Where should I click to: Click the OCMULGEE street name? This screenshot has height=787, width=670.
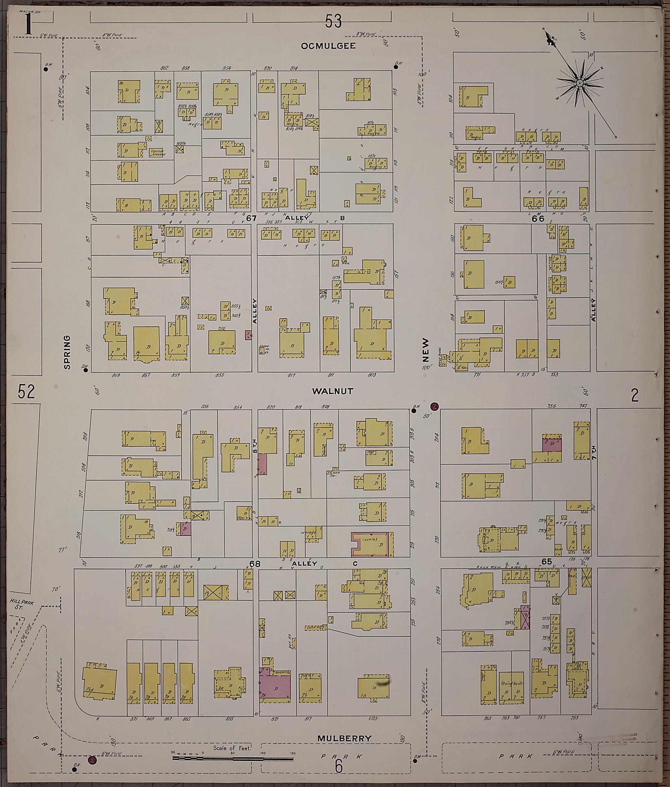[x=328, y=46]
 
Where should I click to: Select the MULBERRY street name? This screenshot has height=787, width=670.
[x=344, y=738]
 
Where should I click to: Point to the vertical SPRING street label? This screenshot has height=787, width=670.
[x=67, y=352]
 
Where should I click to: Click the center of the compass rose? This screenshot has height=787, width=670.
[x=580, y=83]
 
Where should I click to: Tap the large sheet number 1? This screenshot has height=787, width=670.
[x=28, y=24]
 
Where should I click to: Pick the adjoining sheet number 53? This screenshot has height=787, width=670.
[x=333, y=21]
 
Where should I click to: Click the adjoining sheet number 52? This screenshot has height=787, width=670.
[x=26, y=392]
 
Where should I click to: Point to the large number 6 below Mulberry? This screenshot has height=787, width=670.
[x=339, y=766]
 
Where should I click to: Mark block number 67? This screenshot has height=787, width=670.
[x=251, y=218]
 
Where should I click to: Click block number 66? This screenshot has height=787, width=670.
[x=538, y=218]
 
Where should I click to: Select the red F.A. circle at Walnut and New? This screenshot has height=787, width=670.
[x=435, y=406]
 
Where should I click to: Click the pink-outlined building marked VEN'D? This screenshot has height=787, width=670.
[x=372, y=544]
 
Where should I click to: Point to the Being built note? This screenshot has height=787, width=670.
[x=512, y=683]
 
